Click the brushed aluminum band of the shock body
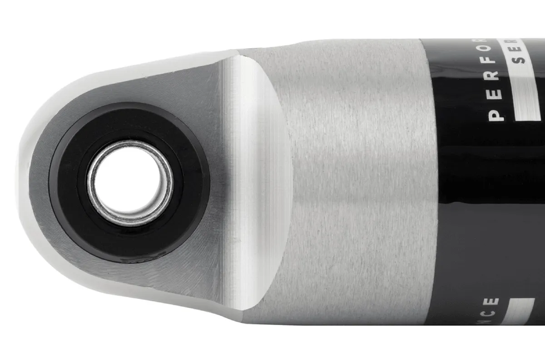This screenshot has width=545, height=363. (354, 181)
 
